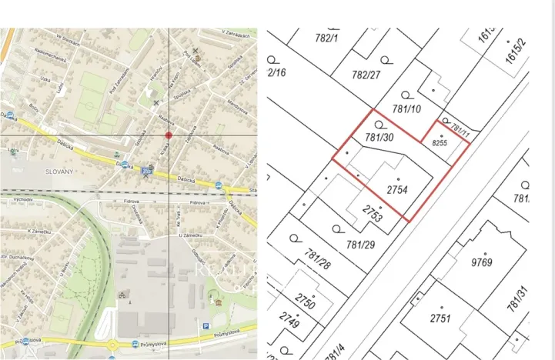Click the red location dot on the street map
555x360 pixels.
point(169,135)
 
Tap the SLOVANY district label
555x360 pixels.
point(59,171)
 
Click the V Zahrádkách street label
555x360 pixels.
point(236,34)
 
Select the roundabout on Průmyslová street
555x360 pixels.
point(112,345)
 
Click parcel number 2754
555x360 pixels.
point(396,189)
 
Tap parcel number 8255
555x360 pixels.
point(440,143)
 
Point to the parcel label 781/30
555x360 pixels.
point(379,137)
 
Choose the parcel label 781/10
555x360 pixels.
point(406,109)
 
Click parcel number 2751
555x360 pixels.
point(440,318)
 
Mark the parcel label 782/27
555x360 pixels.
point(366,75)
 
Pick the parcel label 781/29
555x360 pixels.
point(361,245)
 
